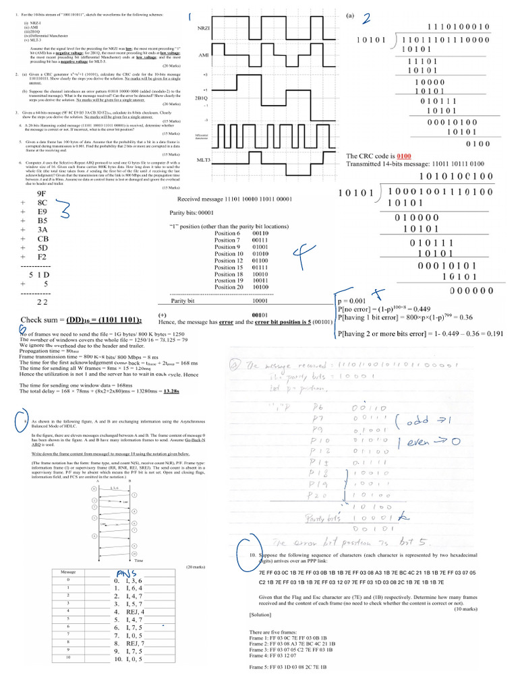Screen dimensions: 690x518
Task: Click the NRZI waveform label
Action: (204, 30)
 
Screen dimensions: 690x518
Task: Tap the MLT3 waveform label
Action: (203, 160)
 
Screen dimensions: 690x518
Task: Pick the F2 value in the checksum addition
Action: (42, 257)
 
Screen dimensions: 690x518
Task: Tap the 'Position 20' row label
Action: (228, 286)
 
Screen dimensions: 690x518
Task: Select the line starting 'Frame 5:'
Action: (288, 666)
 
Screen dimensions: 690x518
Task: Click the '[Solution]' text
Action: (260, 615)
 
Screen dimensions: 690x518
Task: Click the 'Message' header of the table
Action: (68, 571)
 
